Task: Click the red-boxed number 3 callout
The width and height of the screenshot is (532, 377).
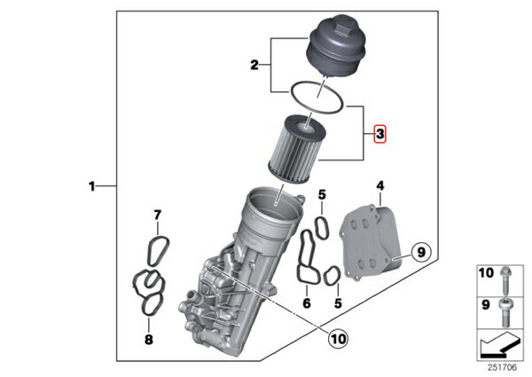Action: (x=380, y=134)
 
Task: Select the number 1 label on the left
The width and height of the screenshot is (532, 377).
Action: (x=91, y=186)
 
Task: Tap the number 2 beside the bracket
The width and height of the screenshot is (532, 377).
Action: (x=254, y=65)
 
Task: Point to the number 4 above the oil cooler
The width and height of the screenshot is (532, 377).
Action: (x=380, y=186)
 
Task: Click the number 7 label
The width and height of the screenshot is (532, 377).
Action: (x=158, y=215)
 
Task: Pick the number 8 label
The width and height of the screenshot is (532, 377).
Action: (x=149, y=340)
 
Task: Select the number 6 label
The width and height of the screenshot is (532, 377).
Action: (x=307, y=303)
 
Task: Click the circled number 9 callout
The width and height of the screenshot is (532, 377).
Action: (x=421, y=253)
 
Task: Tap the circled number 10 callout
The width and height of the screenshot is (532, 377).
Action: (x=339, y=338)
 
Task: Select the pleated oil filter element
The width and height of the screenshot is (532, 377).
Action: (x=297, y=149)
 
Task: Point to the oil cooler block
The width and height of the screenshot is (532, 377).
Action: (x=371, y=243)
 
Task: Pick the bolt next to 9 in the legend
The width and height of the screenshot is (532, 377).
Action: (x=505, y=312)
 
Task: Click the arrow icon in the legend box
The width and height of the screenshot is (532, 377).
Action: (x=500, y=345)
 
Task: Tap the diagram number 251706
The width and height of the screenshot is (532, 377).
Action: (x=502, y=367)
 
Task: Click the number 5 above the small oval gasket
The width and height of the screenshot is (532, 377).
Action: (x=322, y=195)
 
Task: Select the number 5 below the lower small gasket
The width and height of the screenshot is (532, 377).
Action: (x=338, y=303)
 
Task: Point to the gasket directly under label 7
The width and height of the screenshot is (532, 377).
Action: (x=159, y=250)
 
